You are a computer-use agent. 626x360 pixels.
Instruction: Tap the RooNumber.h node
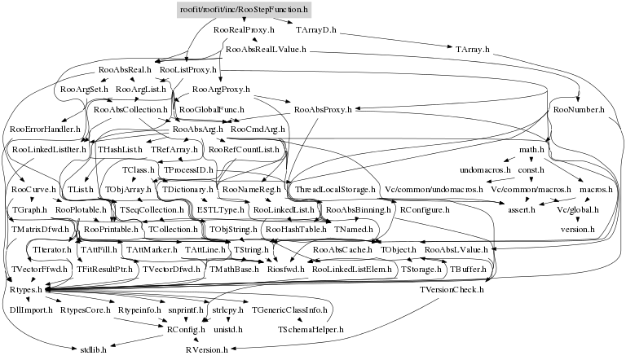click(578, 108)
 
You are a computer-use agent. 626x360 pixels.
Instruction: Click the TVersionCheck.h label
click(452, 289)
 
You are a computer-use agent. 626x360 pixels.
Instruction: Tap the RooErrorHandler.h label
click(46, 129)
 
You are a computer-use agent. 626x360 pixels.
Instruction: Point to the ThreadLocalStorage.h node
click(335, 189)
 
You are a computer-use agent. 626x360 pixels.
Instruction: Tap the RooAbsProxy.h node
click(322, 108)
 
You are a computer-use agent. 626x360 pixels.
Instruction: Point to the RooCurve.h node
click(35, 189)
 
